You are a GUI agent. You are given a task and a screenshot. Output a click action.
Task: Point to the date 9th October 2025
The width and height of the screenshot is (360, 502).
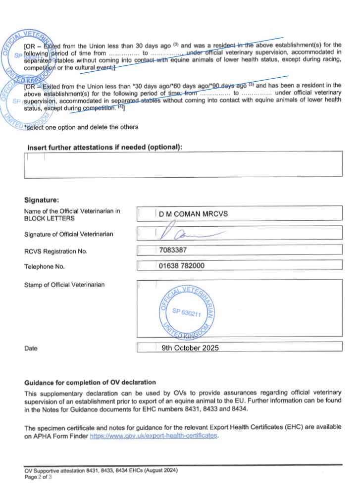(190, 348)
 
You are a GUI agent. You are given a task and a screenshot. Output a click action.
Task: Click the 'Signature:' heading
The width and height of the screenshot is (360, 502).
(42, 201)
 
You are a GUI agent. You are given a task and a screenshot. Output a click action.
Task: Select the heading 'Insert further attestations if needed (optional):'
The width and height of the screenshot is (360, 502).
(104, 147)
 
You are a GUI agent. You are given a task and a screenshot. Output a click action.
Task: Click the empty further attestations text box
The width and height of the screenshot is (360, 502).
(183, 164)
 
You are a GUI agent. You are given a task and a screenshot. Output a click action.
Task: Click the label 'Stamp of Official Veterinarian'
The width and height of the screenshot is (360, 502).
(64, 285)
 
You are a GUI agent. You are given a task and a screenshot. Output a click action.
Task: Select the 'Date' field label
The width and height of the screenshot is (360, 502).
(31, 349)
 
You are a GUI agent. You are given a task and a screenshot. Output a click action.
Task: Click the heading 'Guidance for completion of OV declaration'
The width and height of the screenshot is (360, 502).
(90, 383)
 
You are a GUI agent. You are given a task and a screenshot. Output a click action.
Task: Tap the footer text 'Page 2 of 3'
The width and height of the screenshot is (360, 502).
(38, 476)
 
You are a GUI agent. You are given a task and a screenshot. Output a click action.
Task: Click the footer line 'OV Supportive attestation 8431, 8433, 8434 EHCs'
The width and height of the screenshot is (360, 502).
(101, 470)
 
